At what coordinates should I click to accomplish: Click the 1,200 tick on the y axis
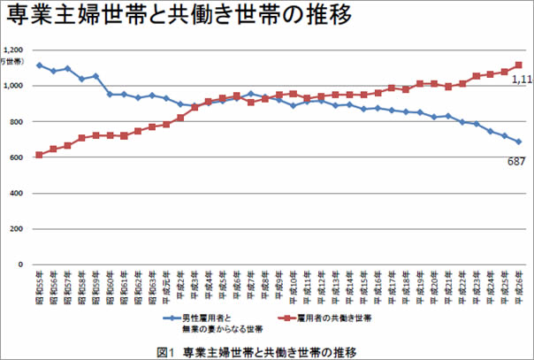[x=15, y=50]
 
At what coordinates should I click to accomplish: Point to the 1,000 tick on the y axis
[x=15, y=86]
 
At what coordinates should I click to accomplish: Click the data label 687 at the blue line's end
[x=515, y=160]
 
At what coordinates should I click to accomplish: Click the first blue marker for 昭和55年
[x=39, y=65]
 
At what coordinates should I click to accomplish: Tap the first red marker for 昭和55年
[x=39, y=155]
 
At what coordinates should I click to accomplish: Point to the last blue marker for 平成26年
[x=518, y=142]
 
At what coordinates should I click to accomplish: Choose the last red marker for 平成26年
[x=518, y=65]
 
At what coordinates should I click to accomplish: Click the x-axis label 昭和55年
[x=40, y=286]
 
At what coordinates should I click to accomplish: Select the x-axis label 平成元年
[x=166, y=286]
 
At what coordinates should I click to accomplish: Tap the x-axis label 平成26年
[x=518, y=286]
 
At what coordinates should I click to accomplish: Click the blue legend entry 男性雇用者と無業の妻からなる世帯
[x=207, y=321]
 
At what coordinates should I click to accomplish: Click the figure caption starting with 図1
[x=257, y=351]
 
